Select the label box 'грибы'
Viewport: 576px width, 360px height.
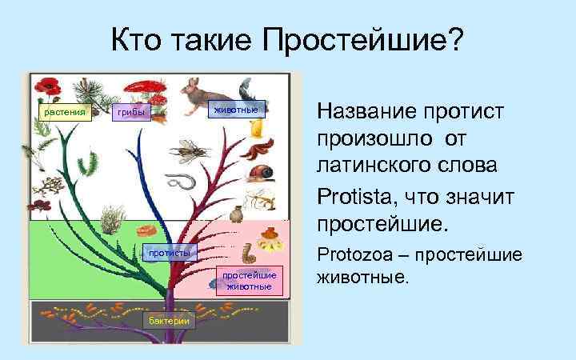(x=130, y=114)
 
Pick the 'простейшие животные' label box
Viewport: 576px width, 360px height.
(x=249, y=281)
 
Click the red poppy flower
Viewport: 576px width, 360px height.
(x=50, y=86)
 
